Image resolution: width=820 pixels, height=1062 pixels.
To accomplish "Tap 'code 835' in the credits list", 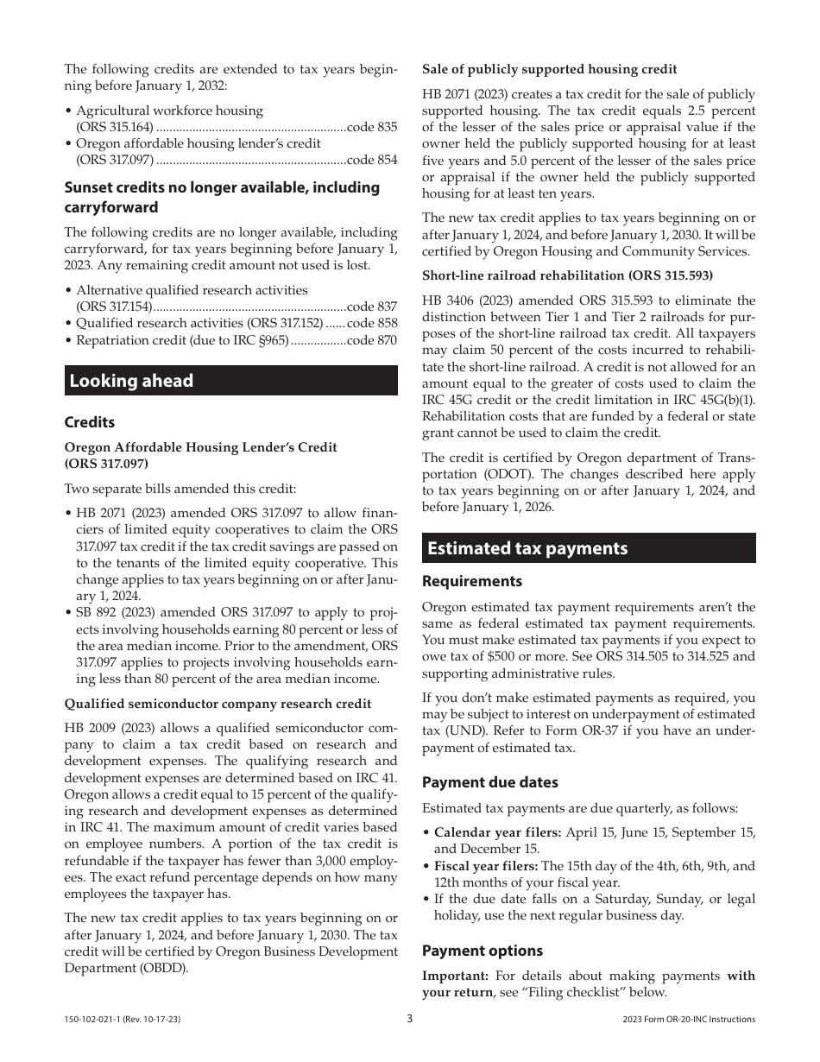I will (372, 127).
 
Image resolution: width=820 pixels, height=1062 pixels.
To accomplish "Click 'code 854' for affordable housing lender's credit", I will (372, 160).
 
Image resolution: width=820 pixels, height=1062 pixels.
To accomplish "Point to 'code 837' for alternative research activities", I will (372, 307).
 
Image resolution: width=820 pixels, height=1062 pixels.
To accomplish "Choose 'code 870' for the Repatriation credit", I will (372, 340).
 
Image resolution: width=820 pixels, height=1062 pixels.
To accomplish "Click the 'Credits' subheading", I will (89, 422).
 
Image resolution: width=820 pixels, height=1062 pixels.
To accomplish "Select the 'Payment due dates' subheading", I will (489, 782).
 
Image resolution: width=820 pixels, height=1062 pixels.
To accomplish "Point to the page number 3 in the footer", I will (410, 1019).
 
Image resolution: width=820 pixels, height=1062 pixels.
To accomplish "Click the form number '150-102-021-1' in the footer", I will (97, 1020).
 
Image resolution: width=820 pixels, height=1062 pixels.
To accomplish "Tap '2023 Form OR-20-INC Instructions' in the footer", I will (688, 1020).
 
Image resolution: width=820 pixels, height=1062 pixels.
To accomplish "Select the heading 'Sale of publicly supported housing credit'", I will (549, 69).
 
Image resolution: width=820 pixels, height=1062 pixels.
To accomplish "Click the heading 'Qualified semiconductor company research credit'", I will (218, 704).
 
